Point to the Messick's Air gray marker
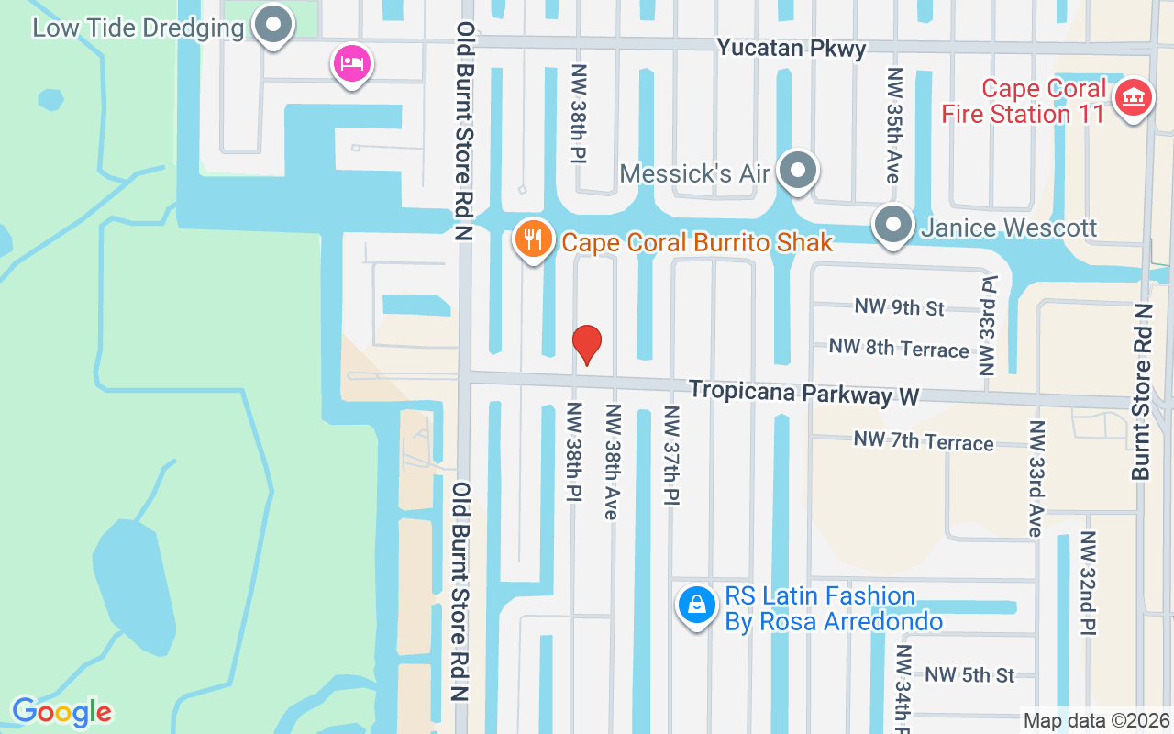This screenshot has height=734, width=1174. click(x=798, y=171)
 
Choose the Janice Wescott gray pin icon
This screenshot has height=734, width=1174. click(x=892, y=226)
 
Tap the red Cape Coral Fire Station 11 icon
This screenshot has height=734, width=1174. click(x=1133, y=98)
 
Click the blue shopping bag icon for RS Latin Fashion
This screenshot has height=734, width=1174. click(x=697, y=606)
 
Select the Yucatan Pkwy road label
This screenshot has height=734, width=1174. click(x=791, y=48)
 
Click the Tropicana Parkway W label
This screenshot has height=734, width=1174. click(x=803, y=393)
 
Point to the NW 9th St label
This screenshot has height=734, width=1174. click(x=899, y=306)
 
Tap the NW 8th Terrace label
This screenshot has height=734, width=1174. click(x=899, y=348)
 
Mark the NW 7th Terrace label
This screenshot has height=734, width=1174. click(x=924, y=440)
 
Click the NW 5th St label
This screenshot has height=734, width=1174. click(x=969, y=674)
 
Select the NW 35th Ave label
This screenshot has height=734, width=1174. click(x=893, y=124)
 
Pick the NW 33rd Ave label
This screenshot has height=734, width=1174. click(x=1036, y=478)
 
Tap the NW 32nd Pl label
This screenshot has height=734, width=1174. click(x=1088, y=582)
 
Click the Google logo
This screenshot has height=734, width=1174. click(x=61, y=712)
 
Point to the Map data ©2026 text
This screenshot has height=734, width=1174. click(x=1096, y=720)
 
